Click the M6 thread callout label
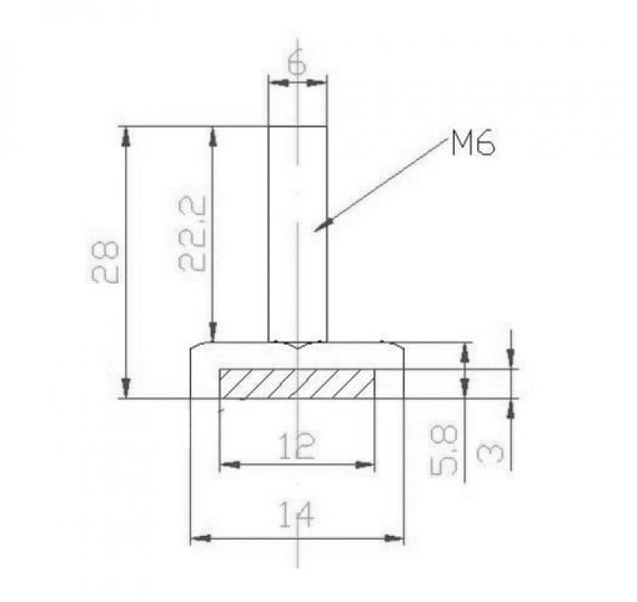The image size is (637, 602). click(473, 144)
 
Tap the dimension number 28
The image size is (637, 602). click(105, 262)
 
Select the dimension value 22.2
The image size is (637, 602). click(192, 234)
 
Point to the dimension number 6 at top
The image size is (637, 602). click(297, 64)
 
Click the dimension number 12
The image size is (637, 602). click(297, 446)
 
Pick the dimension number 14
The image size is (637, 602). click(296, 514)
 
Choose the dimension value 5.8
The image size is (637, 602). click(444, 450)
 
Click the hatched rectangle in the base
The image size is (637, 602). click(297, 384)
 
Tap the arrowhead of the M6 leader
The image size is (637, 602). click(324, 225)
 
